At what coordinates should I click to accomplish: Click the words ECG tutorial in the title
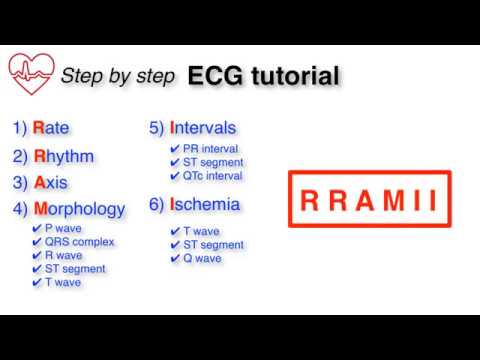click(262, 75)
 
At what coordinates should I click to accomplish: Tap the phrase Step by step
click(119, 76)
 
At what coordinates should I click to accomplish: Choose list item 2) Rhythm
click(55, 155)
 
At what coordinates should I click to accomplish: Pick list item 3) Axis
click(42, 182)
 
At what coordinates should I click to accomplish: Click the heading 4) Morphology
click(69, 209)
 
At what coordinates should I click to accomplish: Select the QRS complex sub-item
click(79, 242)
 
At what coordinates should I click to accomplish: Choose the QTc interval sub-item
click(212, 175)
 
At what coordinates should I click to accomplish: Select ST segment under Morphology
click(75, 268)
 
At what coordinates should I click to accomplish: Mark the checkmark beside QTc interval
click(175, 175)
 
